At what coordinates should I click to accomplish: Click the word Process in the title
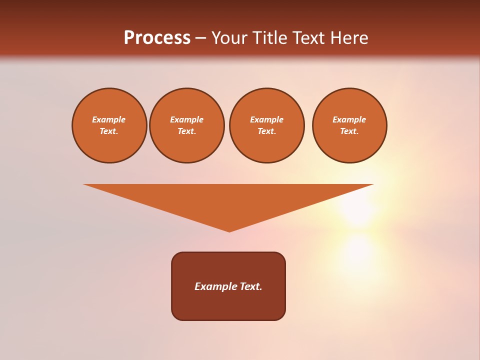point(157,38)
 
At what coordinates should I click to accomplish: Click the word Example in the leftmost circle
point(109,119)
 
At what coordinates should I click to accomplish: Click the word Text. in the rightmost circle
point(349,131)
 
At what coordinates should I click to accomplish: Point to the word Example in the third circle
point(266,119)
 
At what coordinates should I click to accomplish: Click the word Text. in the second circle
point(187,131)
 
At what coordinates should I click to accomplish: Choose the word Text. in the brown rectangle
point(251,286)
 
